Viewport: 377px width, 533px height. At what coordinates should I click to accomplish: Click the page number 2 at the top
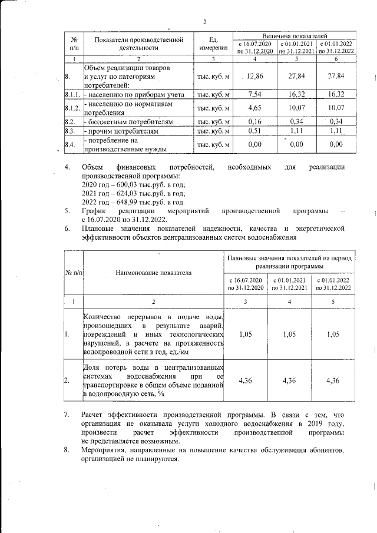204,22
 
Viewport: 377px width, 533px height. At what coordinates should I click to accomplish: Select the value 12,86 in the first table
255,76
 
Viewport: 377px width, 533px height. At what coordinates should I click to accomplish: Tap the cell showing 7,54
255,94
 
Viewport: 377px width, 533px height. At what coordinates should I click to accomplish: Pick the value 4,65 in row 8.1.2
255,107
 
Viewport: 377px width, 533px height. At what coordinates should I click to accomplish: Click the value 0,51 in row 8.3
255,130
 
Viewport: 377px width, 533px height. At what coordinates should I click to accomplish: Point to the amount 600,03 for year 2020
125,185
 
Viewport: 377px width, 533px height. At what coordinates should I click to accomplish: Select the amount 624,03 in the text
125,193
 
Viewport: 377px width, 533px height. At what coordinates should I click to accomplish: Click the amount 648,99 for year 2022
125,201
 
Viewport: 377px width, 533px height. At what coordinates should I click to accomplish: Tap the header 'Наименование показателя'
154,273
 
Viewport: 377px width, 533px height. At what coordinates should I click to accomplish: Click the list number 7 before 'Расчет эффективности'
67,415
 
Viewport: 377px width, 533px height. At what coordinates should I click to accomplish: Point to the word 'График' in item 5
94,210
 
